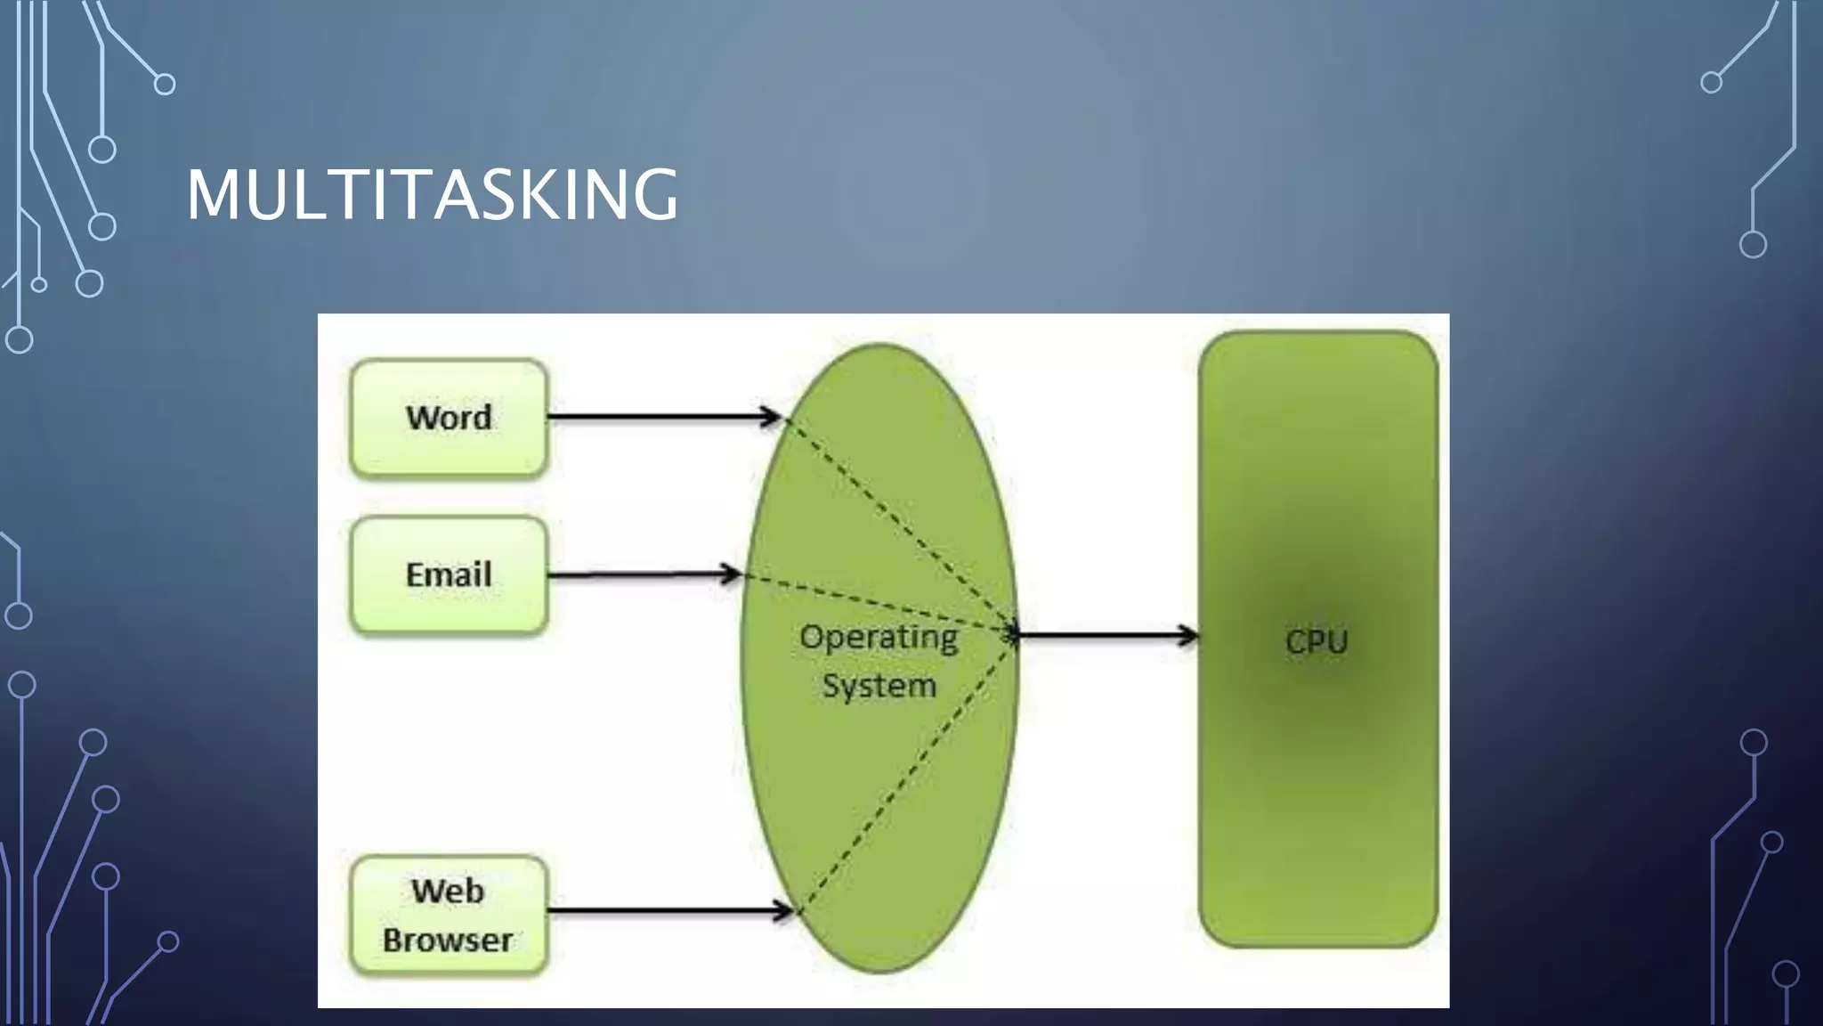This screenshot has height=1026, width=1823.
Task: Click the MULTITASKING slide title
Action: click(x=433, y=194)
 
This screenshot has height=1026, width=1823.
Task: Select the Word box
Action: click(x=449, y=418)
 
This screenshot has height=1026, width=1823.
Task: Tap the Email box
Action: click(x=449, y=575)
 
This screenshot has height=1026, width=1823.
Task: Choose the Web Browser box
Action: click(x=449, y=916)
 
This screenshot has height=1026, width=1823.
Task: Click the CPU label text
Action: click(x=1317, y=642)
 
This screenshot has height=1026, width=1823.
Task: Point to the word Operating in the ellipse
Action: click(x=879, y=638)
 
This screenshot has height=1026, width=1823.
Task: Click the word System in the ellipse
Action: click(x=879, y=687)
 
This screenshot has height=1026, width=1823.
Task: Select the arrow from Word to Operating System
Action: click(x=659, y=417)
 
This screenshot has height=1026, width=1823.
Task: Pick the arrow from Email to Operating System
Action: click(x=641, y=575)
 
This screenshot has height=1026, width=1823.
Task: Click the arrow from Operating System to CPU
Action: click(x=1104, y=636)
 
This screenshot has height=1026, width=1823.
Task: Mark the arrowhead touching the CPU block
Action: click(x=1189, y=636)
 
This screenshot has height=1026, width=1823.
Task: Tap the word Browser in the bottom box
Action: click(x=448, y=940)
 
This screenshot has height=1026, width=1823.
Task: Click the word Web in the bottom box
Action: click(x=448, y=892)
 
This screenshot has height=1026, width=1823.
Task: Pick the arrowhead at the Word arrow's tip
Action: click(x=771, y=417)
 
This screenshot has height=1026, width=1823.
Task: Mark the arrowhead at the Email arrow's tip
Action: click(x=732, y=574)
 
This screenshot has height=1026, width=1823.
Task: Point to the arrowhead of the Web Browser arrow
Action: click(x=783, y=911)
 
